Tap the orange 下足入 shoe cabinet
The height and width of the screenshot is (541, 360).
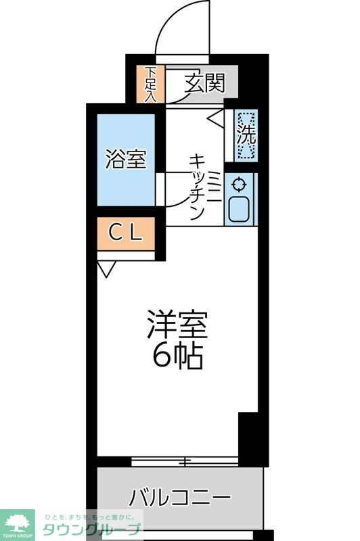[x=150, y=85]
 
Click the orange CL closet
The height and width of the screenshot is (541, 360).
[x=126, y=233]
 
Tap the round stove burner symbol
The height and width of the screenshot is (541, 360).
[x=239, y=183]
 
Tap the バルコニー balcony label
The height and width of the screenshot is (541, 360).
[x=179, y=499]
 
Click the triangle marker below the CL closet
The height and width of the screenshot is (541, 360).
[x=106, y=269]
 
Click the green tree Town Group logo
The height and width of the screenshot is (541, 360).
[x=18, y=522]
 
